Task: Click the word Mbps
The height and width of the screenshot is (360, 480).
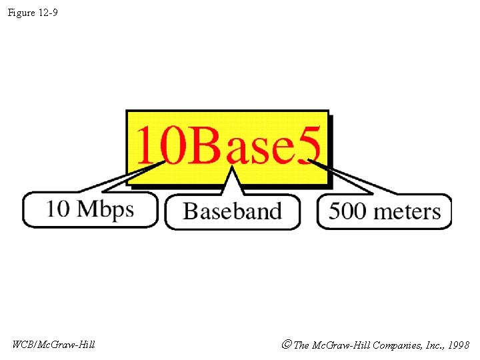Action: [x=106, y=209]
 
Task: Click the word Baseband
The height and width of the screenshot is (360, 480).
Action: [x=233, y=211]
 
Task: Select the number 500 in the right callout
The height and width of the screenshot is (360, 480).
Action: [x=347, y=211]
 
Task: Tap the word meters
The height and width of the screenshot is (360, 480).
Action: [x=407, y=212]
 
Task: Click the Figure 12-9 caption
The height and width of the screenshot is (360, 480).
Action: [x=33, y=13]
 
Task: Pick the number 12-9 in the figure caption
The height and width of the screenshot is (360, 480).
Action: [x=47, y=13]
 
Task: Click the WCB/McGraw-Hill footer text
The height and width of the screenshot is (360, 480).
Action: [x=53, y=345]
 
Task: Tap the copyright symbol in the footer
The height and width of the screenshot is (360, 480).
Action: [x=286, y=345]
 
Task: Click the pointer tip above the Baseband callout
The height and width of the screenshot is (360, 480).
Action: [x=231, y=171]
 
